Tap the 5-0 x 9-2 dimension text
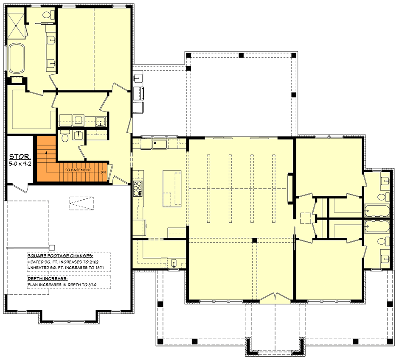(20, 163)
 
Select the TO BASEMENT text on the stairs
(78, 170)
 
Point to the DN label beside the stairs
(102, 172)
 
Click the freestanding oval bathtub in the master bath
(17, 58)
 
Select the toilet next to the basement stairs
(65, 136)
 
